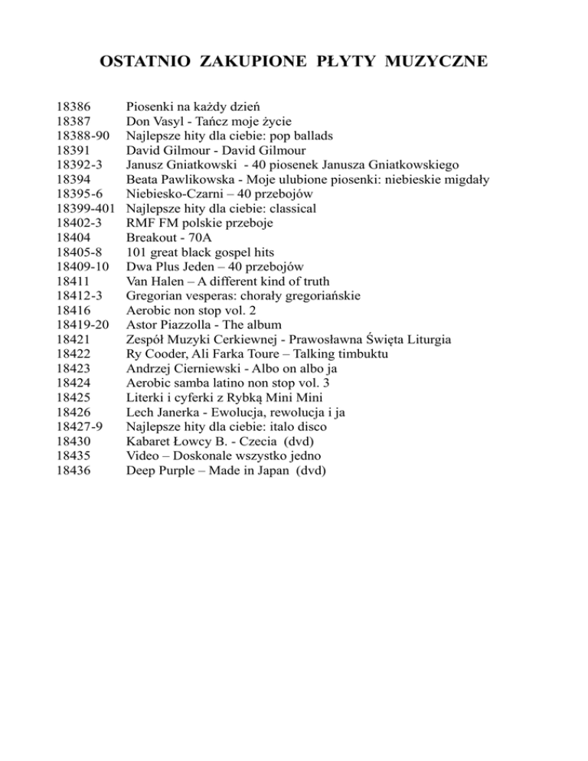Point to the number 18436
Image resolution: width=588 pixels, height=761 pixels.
click(75, 471)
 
